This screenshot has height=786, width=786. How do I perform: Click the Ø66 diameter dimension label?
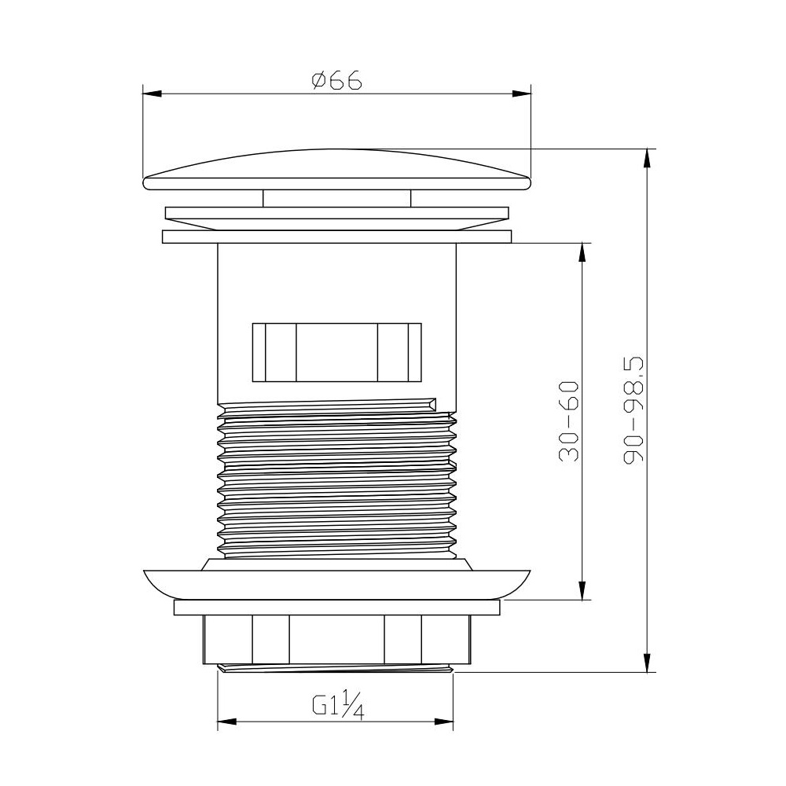tap(336, 80)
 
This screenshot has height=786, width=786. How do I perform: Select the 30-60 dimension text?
tap(569, 421)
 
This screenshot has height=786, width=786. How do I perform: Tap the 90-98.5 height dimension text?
tap(634, 410)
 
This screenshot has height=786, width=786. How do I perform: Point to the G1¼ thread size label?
tap(338, 705)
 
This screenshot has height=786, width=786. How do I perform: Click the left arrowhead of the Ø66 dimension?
tap(152, 94)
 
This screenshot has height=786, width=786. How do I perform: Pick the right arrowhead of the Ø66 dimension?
tap(521, 94)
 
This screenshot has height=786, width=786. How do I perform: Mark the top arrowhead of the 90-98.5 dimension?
tap(647, 159)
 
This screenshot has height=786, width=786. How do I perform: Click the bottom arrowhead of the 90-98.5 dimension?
tap(647, 662)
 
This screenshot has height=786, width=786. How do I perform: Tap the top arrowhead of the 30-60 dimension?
tap(582, 253)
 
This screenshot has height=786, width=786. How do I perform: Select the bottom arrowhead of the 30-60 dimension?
tap(582, 589)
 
